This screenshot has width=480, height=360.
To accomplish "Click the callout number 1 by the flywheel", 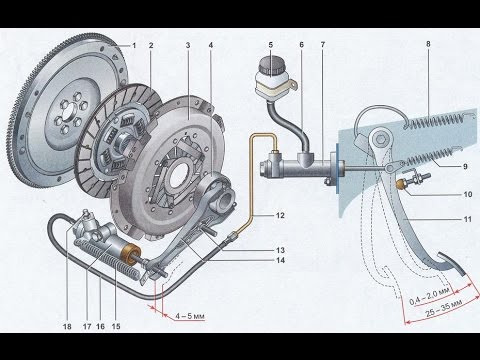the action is pyautogui.click(x=134, y=46).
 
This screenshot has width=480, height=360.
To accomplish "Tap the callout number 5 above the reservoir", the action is pyautogui.click(x=271, y=45).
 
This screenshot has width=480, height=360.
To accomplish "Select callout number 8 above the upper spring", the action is pyautogui.click(x=428, y=44).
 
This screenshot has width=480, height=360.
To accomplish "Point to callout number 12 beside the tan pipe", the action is pyautogui.click(x=280, y=215).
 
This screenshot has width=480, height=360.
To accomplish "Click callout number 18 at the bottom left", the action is pyautogui.click(x=67, y=326).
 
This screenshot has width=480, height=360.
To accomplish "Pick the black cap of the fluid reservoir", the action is pyautogui.click(x=270, y=64).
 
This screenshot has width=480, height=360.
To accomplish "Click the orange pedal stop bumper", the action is pyautogui.click(x=401, y=184).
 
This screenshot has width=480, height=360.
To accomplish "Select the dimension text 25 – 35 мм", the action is pyautogui.click(x=444, y=308).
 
